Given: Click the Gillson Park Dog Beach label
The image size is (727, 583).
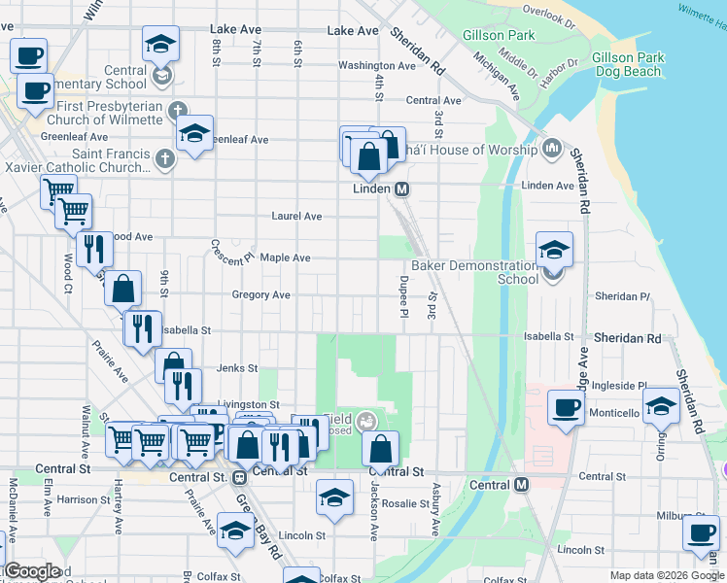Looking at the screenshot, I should click(626, 64).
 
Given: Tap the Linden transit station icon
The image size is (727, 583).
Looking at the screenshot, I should click(400, 188).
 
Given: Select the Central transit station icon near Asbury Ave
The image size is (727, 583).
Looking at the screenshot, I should click(522, 484).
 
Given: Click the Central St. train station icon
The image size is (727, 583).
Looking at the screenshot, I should click(238, 477).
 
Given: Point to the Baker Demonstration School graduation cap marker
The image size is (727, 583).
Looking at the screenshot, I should click(554, 251).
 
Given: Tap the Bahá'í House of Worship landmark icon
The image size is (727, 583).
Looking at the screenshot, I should click(553, 149).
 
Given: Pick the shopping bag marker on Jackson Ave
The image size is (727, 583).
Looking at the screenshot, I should click(381, 448).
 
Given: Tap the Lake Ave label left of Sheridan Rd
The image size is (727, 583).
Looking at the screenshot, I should click(352, 30).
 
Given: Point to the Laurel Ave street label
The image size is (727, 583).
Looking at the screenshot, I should click(296, 216).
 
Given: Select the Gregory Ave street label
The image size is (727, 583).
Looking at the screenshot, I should click(260, 294).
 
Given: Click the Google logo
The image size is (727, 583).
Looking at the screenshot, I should click(31, 571).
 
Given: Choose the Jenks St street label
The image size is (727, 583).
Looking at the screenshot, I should click(236, 368).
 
